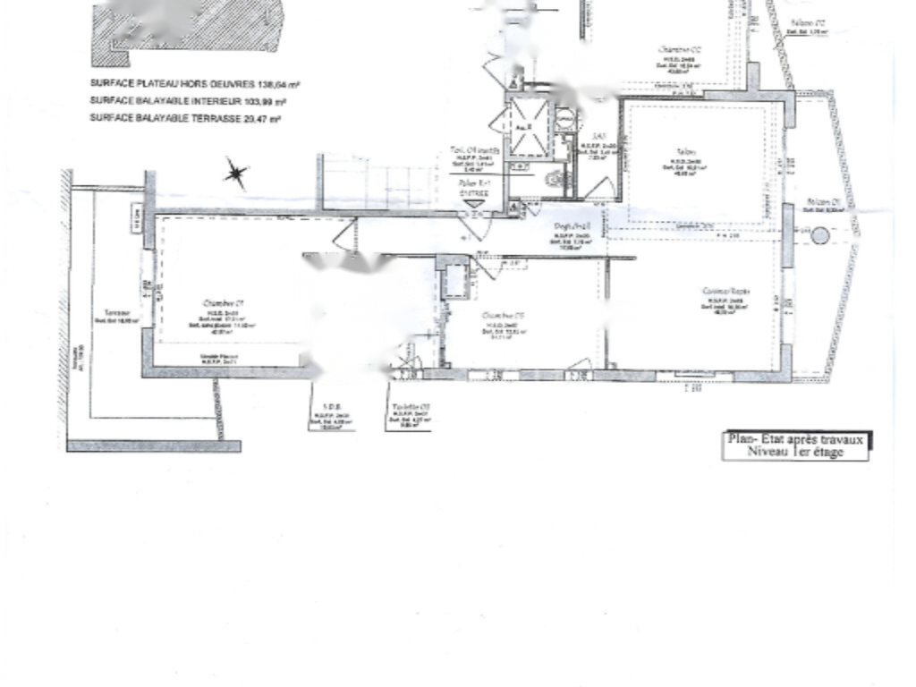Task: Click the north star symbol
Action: (236, 174)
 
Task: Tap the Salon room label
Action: (686, 152)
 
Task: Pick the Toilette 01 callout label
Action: (411, 407)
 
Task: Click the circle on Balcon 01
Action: (820, 236)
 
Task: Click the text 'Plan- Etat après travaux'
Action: (795, 439)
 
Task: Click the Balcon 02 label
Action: (808, 22)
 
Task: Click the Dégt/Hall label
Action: (571, 226)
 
